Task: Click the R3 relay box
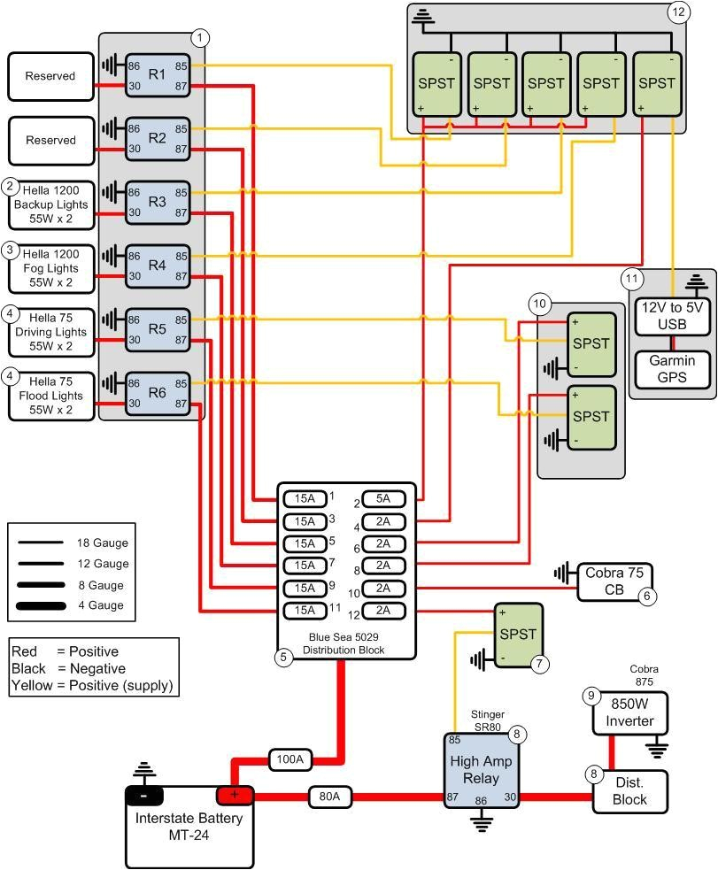tap(158, 202)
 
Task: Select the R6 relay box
tap(158, 393)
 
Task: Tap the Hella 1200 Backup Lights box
tap(51, 204)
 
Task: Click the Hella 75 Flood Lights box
tap(51, 396)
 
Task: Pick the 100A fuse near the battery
tap(290, 759)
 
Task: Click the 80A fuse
tap(329, 797)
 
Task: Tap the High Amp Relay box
tap(481, 771)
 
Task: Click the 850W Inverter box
tap(630, 713)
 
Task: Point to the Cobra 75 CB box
tap(615, 582)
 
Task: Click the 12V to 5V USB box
tap(672, 318)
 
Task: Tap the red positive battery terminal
tap(235, 795)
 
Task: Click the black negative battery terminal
tap(143, 795)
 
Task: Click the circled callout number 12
tap(678, 12)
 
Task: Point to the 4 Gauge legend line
tap(42, 605)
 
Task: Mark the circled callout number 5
tap(284, 658)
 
